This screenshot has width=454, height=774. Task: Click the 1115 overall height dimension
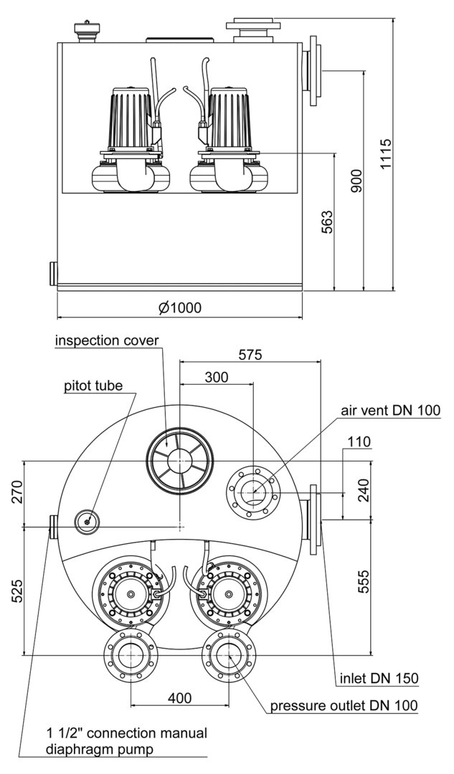pyautogui.click(x=386, y=154)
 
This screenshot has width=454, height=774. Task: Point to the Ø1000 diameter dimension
pyautogui.click(x=180, y=307)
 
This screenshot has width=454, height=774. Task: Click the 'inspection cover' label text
pyautogui.click(x=107, y=340)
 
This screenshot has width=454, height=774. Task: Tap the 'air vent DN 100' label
pyautogui.click(x=390, y=410)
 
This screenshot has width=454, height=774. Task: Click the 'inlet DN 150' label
pyautogui.click(x=379, y=678)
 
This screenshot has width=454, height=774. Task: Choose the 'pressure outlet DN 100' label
pyautogui.click(x=344, y=706)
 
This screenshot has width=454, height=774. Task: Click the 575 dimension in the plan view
pyautogui.click(x=250, y=354)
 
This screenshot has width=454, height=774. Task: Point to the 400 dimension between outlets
pyautogui.click(x=180, y=697)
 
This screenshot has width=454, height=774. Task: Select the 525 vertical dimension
pyautogui.click(x=15, y=591)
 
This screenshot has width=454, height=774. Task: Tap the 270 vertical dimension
pyautogui.click(x=15, y=492)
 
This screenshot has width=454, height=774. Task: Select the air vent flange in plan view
pyautogui.click(x=251, y=492)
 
